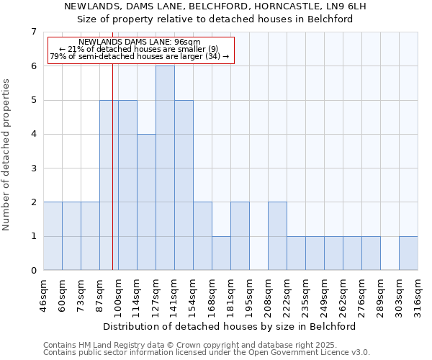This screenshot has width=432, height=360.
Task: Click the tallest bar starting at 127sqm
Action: pos(165,168)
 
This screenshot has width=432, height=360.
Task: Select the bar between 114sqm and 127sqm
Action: pos(146,202)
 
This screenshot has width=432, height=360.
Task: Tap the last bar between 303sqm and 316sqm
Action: pos(408,253)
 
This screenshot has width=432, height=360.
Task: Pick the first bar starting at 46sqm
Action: pos(53,236)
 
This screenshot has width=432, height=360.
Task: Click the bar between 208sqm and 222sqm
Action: pos(277,236)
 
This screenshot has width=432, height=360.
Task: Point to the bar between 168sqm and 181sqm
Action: pos(221,253)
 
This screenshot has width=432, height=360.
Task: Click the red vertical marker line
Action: pos(113,180)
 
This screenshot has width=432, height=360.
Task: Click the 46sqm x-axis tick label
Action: pos(44,293)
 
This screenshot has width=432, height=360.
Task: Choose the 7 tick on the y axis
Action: pos(33,32)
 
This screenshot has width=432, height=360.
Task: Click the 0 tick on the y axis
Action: pos(33,271)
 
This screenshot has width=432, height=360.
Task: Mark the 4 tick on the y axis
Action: pos(33,135)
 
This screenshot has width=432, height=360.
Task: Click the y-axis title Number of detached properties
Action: pos(6,155)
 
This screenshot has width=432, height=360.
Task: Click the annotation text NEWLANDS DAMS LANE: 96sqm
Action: pos(140,42)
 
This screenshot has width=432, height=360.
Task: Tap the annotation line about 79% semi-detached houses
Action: pos(140,56)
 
